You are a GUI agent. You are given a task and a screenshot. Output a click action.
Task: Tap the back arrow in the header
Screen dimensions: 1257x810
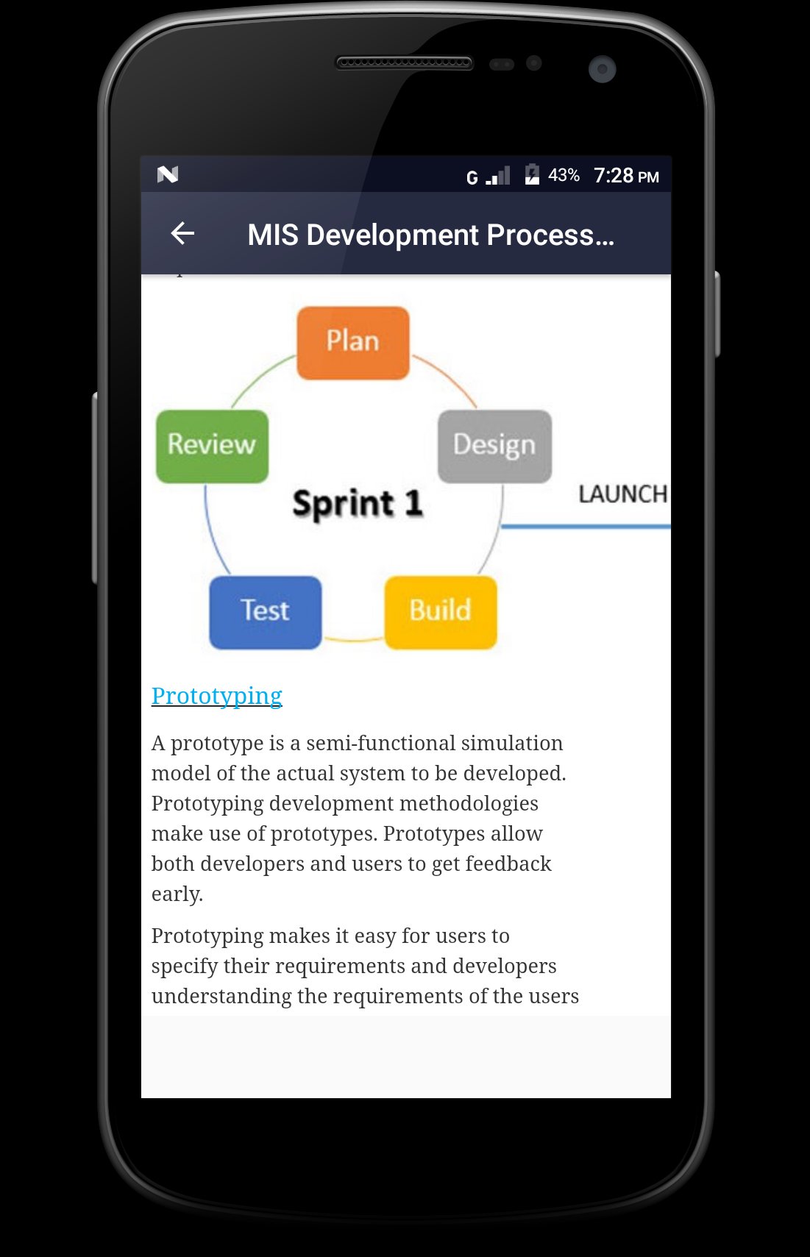point(182,234)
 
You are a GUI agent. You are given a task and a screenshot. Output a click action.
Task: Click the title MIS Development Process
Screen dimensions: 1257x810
point(430,235)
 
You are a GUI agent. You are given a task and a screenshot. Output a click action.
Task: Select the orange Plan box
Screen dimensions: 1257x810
point(353,343)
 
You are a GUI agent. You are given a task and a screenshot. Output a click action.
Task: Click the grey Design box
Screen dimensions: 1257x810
point(494,446)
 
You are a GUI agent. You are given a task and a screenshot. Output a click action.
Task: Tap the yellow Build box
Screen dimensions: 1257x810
point(441,612)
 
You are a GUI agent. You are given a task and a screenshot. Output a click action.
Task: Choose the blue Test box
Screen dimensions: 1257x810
point(265,612)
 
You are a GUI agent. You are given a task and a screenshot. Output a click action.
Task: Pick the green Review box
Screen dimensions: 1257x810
point(212,446)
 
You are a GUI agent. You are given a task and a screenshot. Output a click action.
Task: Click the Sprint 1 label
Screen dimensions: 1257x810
point(358,504)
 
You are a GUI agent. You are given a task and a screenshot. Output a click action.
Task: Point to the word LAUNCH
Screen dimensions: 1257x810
point(622,494)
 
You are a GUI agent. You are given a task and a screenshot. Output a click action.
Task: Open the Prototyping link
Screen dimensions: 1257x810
point(217,696)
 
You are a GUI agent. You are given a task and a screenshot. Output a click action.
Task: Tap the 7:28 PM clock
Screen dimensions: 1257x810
point(626,176)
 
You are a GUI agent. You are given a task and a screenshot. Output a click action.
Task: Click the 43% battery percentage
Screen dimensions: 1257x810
point(564,176)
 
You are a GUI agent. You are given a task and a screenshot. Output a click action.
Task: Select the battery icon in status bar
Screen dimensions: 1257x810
point(532,175)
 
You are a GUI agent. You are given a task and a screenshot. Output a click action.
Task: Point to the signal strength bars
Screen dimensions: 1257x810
point(498,177)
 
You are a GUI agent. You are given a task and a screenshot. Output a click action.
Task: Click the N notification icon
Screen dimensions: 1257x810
point(168,174)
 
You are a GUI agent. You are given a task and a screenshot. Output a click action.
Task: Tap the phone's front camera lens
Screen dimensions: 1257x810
point(602,69)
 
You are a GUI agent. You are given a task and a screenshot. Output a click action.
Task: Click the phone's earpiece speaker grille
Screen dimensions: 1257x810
point(404,63)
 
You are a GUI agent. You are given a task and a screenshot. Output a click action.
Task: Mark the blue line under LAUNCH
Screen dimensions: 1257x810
point(586,527)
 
